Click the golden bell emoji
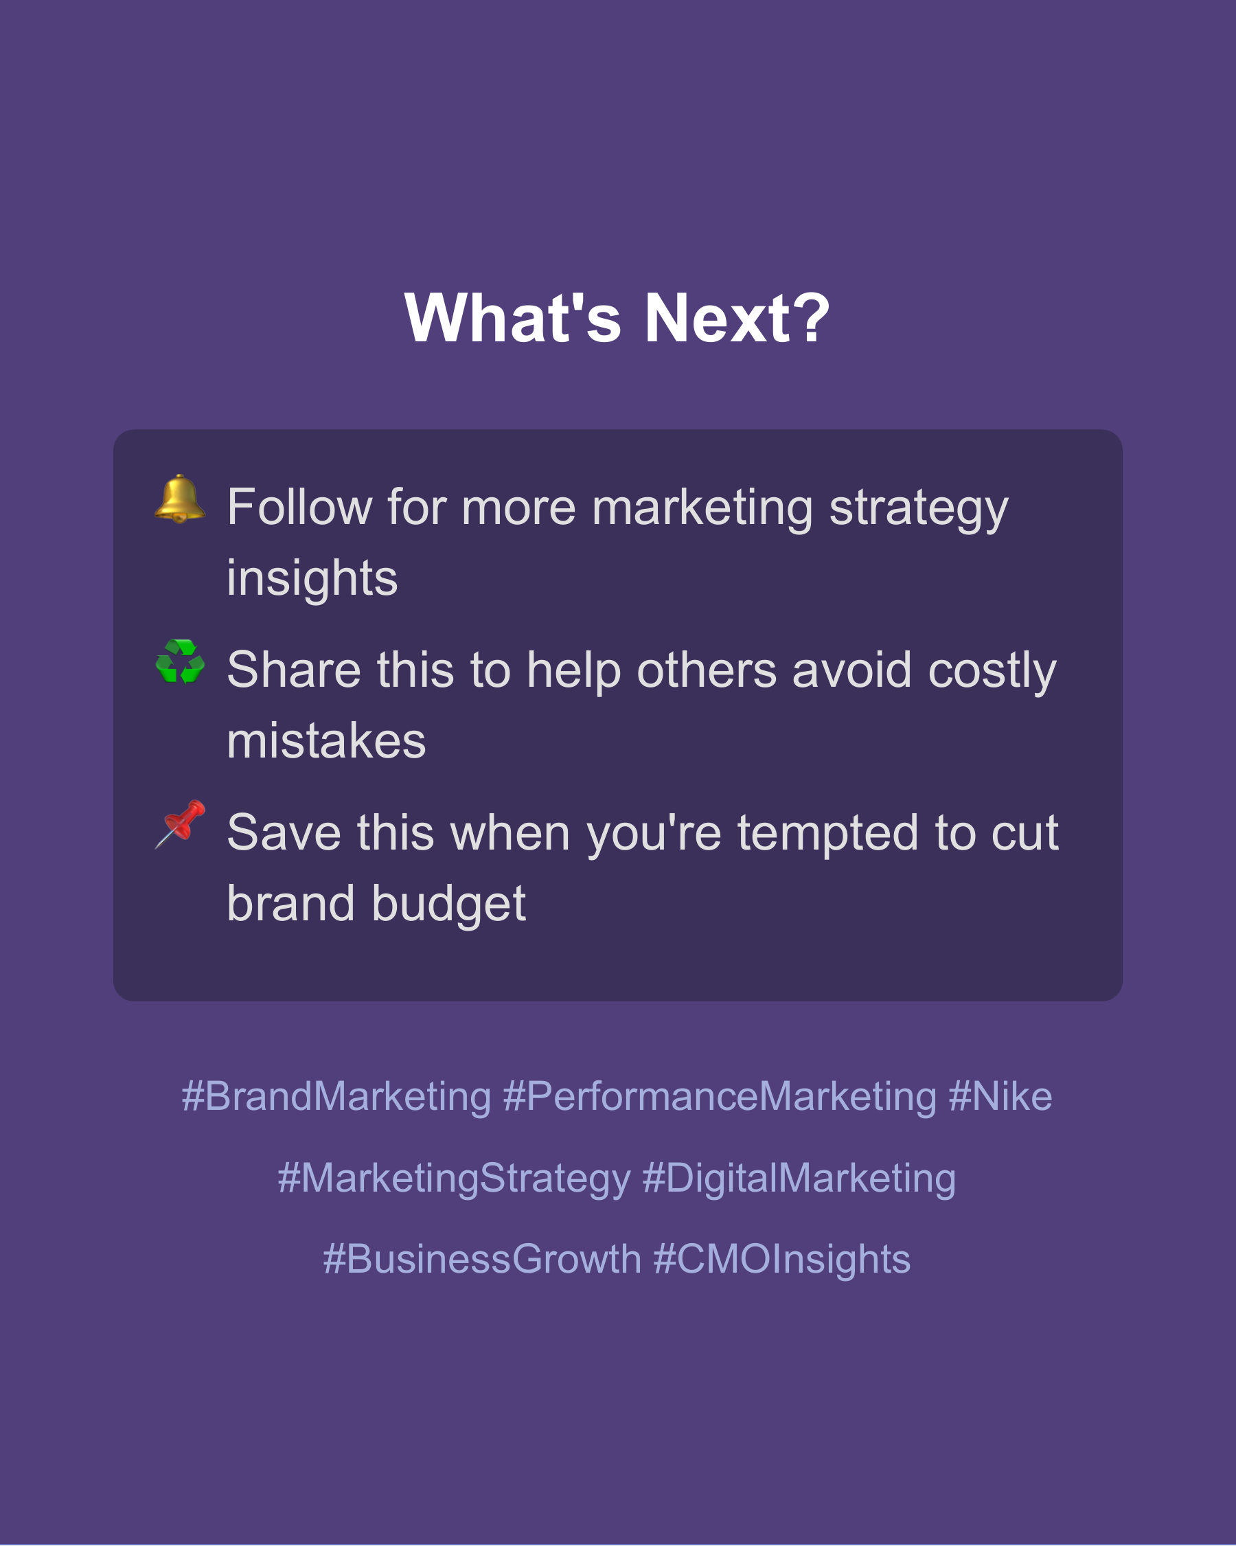tap(180, 499)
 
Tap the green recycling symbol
tap(180, 661)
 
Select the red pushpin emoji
tap(180, 824)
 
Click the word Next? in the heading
tap(737, 319)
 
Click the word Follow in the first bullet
tap(299, 508)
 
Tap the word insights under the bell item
tap(312, 578)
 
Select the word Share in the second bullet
tap(294, 670)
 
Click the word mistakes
tap(326, 741)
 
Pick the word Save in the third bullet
tap(284, 832)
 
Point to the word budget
tap(449, 904)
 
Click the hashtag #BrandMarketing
tap(336, 1096)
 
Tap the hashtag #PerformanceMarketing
tap(720, 1096)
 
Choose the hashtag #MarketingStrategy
tap(454, 1178)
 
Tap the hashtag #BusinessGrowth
tap(482, 1259)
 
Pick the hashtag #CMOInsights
tap(782, 1259)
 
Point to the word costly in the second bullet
tap(992, 670)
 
